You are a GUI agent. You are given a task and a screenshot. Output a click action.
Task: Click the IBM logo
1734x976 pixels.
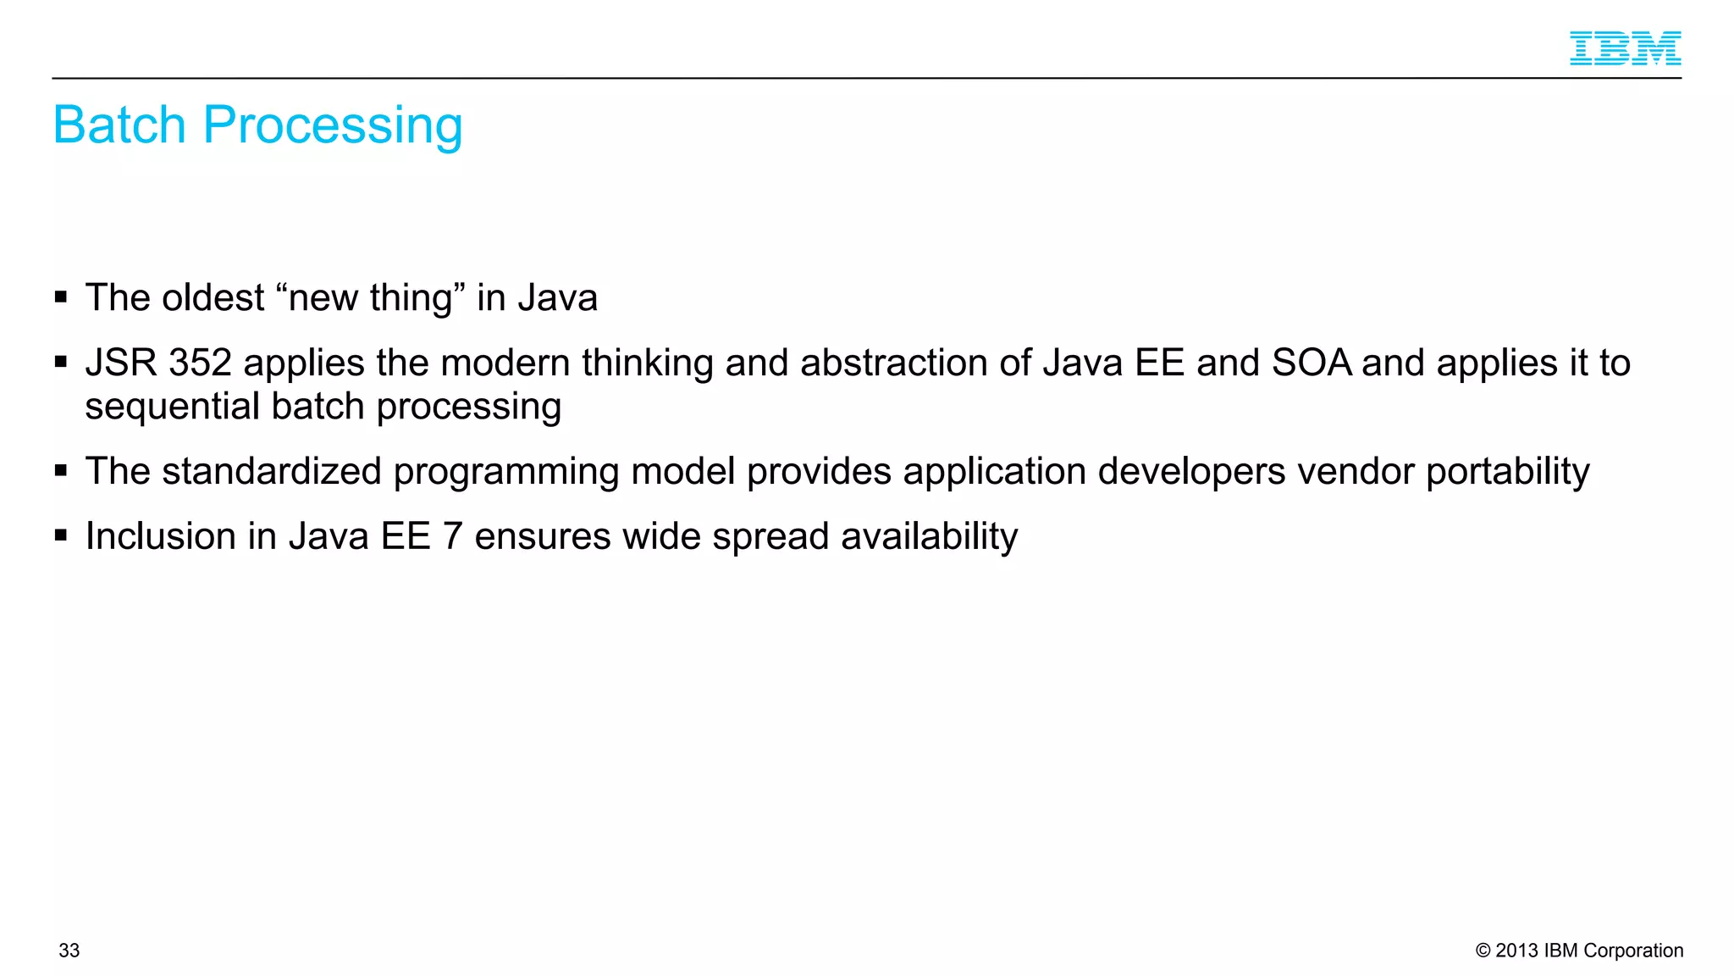point(1625,48)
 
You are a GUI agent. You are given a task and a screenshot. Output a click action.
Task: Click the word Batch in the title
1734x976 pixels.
point(119,125)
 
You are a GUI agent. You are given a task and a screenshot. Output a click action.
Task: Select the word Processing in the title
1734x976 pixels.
point(333,125)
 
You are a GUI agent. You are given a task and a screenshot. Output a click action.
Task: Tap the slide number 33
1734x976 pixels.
point(69,951)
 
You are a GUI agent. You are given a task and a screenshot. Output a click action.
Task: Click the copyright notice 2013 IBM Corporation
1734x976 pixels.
point(1579,951)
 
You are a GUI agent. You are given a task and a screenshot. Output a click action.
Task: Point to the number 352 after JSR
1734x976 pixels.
point(200,363)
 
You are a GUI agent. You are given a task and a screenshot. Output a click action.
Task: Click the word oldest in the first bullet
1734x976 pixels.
point(213,298)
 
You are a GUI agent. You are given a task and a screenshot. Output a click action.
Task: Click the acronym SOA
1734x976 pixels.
point(1312,363)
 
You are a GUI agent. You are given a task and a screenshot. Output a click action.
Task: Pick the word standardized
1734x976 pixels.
point(272,472)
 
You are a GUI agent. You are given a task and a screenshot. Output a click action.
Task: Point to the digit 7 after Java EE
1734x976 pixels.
point(453,537)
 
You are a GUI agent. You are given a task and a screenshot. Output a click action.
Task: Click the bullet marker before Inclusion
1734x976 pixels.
point(61,535)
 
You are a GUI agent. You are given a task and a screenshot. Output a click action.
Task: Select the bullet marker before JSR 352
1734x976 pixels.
point(61,362)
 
